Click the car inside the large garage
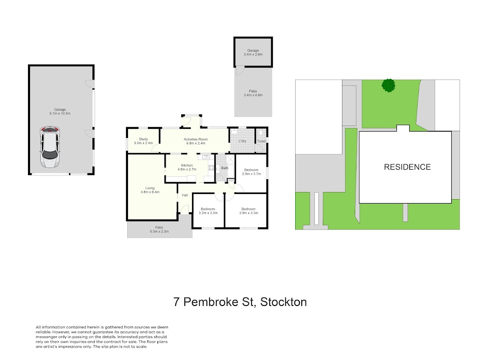[x=50, y=147]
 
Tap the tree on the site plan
[x=388, y=85]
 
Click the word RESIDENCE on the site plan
[x=407, y=167]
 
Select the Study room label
[x=144, y=141]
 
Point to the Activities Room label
[x=196, y=141]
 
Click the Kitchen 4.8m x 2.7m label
[x=187, y=167]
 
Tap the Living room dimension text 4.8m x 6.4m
[x=150, y=192]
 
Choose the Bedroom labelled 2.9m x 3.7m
[x=252, y=172]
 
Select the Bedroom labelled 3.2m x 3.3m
[x=208, y=211]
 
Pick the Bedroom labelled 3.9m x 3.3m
[x=249, y=211]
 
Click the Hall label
[x=185, y=195]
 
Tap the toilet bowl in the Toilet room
[x=261, y=132]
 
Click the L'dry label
[x=242, y=141]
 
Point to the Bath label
[x=224, y=168]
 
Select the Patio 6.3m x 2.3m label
[x=159, y=230]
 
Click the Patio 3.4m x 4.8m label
[x=253, y=93]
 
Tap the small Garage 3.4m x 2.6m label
[x=253, y=52]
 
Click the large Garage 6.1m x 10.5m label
[x=60, y=112]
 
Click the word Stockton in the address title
[x=284, y=302]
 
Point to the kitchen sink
[x=206, y=157]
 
